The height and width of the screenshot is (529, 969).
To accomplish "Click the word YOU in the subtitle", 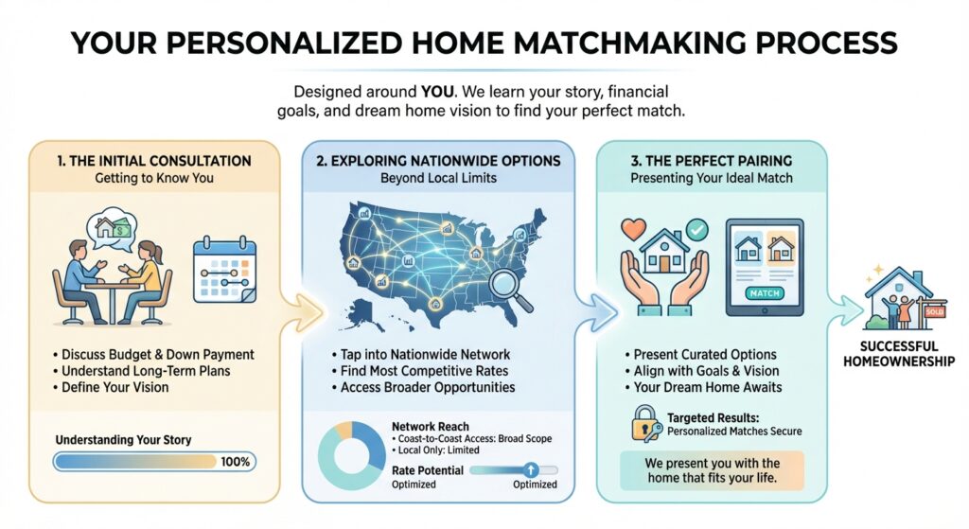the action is click(437, 92).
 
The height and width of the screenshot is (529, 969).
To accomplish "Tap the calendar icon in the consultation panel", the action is click(224, 270).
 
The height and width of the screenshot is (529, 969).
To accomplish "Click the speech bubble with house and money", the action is click(113, 231).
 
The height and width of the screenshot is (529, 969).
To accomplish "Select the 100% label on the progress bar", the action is click(235, 462).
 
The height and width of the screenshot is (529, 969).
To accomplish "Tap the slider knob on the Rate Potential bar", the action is click(530, 470).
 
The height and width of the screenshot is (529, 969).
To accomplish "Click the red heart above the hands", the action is click(633, 230).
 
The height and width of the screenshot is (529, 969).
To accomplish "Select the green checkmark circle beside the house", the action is click(697, 230).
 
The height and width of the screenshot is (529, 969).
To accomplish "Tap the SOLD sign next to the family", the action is click(934, 312).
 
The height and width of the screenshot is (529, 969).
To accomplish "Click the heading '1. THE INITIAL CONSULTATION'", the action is click(154, 161).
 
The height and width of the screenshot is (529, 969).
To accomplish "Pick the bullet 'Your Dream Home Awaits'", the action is click(703, 387).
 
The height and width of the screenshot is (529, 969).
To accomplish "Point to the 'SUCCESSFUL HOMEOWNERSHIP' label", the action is click(899, 354).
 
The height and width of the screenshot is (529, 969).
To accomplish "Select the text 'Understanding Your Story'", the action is click(124, 440).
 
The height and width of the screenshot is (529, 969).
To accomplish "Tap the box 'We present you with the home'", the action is click(712, 470).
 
